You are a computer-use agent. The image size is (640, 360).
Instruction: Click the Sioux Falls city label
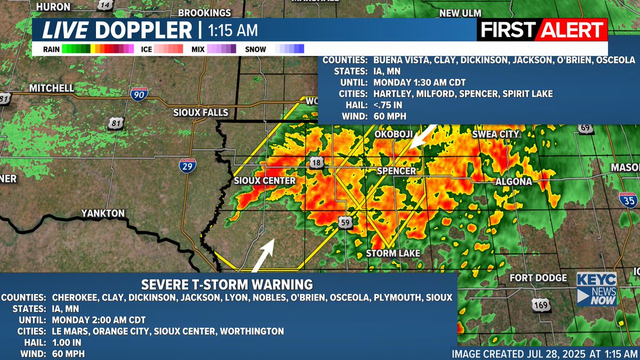(201, 113)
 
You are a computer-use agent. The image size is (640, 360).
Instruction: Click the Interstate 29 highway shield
(186, 166)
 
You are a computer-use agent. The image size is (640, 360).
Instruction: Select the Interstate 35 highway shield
(628, 200)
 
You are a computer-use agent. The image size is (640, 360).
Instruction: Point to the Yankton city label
(102, 213)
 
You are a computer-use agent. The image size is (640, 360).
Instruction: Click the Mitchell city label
(51, 87)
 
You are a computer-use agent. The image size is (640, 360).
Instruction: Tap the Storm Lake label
(393, 253)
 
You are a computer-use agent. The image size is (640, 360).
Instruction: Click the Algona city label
(513, 181)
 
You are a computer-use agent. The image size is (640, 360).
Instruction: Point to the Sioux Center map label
(265, 181)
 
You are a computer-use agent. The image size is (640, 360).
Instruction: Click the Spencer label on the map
(396, 171)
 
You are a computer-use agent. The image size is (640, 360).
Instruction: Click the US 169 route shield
(539, 305)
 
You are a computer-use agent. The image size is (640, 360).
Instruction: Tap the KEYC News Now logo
(596, 290)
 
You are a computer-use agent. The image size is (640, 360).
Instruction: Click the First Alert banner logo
(542, 30)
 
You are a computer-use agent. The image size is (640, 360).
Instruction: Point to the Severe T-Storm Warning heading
(227, 284)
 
